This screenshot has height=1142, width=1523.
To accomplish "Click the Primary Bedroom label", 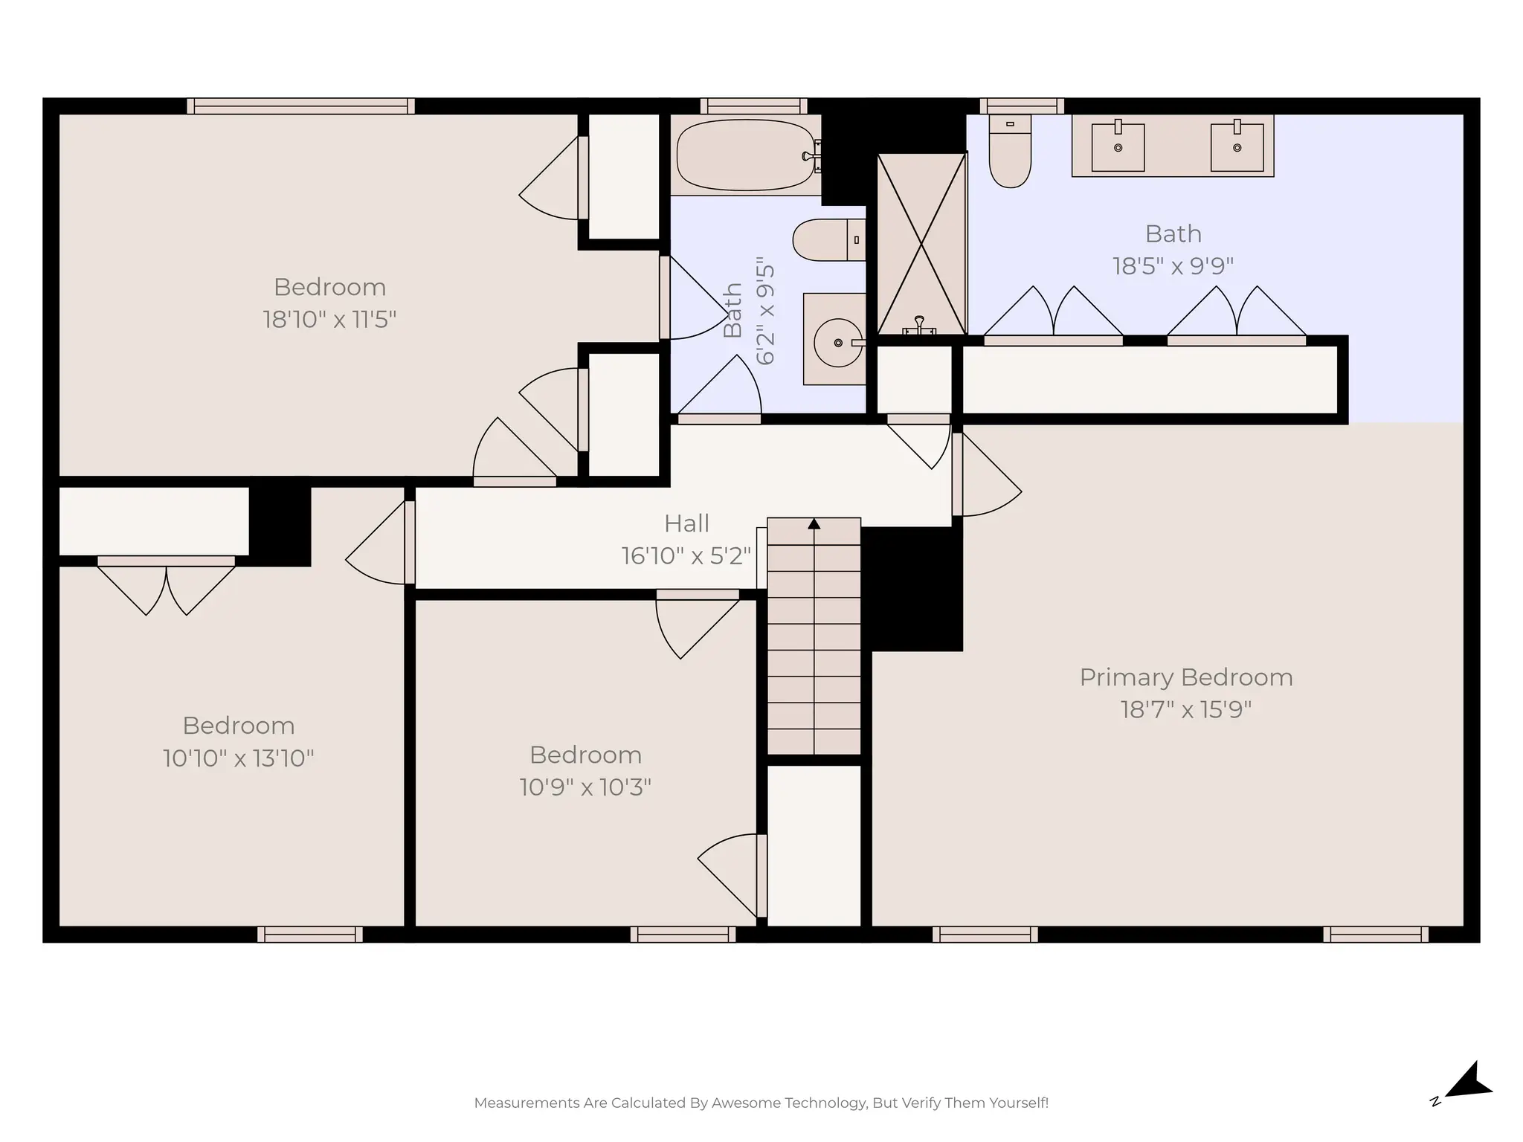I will coord(1185,677).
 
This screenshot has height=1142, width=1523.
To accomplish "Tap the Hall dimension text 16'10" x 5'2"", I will coord(686,556).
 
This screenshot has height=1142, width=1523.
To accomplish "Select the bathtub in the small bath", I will coord(745,155).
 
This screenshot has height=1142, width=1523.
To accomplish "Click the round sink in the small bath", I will coord(837,343).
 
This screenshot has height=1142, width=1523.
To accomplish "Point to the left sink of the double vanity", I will coord(1118,147).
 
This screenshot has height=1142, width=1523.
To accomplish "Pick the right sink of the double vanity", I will coord(1237,147).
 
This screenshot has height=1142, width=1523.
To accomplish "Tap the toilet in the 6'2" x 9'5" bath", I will coord(828,240).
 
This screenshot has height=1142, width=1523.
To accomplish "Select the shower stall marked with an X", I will coord(921,244).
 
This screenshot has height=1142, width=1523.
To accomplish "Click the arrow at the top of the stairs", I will coord(814,524).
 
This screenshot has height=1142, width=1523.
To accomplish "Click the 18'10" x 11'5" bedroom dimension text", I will coord(329,320).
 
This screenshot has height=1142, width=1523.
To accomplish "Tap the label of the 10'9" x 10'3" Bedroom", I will coord(585,755).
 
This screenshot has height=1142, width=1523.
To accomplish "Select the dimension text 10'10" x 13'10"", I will coord(238,758).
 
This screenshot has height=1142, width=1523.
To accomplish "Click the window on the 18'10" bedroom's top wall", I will coord(300,106).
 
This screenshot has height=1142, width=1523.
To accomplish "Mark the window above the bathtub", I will coord(753,106).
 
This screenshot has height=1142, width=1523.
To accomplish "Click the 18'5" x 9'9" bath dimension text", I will coord(1173,266).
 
